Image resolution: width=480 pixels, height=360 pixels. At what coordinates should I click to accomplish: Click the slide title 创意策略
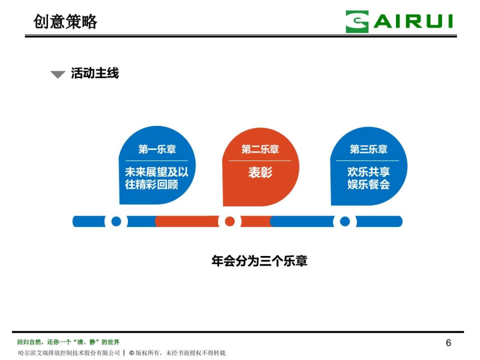(x=65, y=22)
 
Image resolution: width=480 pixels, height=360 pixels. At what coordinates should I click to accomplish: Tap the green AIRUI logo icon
(x=357, y=22)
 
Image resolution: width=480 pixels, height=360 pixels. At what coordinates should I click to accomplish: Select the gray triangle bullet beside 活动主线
(x=58, y=74)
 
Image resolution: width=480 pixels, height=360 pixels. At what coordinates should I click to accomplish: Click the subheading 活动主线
(x=95, y=73)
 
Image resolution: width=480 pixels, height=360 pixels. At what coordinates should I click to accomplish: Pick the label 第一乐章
(x=157, y=150)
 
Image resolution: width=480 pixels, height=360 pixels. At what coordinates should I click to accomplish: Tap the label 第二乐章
(x=260, y=150)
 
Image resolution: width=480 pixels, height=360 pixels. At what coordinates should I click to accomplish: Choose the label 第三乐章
(x=368, y=150)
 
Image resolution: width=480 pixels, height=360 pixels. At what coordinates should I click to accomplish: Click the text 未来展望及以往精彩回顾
(x=156, y=178)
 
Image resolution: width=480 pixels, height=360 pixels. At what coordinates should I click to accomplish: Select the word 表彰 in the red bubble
(x=260, y=172)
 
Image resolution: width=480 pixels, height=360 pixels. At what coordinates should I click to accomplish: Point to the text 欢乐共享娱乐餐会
(x=368, y=178)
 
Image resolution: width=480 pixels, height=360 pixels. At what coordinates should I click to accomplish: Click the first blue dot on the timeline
(x=116, y=221)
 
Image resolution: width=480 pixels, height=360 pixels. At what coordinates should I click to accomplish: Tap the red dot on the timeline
(x=230, y=221)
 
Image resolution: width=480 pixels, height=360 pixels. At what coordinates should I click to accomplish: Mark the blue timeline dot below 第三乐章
(x=344, y=221)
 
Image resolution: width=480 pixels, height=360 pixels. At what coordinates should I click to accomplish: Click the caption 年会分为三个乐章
(x=259, y=262)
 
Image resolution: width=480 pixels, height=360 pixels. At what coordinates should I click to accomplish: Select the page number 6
(x=448, y=343)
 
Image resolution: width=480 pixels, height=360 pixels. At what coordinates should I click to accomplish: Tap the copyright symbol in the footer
(x=131, y=353)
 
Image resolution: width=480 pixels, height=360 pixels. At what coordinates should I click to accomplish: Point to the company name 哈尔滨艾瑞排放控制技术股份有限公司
(x=69, y=353)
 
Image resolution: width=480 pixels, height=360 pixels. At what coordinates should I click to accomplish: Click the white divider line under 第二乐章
(x=260, y=161)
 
